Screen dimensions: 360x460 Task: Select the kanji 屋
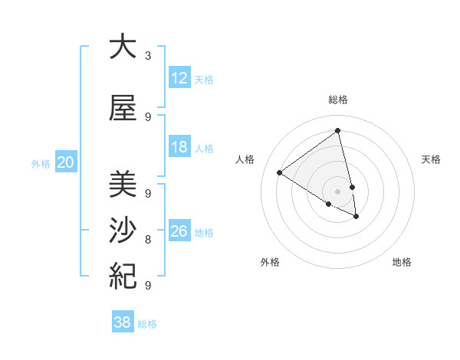pyautogui.click(x=123, y=109)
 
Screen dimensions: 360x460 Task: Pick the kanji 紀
pyautogui.click(x=123, y=274)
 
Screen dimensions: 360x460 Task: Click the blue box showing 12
pyautogui.click(x=179, y=78)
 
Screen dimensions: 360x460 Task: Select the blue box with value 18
pyautogui.click(x=179, y=148)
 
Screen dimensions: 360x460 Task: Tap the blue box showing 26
pyautogui.click(x=179, y=231)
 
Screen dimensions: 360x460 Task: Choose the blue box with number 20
pyautogui.click(x=66, y=162)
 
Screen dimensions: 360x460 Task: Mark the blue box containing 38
pyautogui.click(x=123, y=322)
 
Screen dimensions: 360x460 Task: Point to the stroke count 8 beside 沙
pyautogui.click(x=148, y=240)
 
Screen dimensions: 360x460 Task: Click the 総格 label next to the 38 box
pyautogui.click(x=147, y=324)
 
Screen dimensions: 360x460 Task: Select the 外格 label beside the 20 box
pyautogui.click(x=41, y=163)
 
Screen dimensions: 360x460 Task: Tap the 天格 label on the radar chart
pyautogui.click(x=431, y=159)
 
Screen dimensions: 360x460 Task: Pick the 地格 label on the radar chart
pyautogui.click(x=402, y=262)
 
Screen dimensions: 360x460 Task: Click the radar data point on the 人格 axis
pyautogui.click(x=279, y=172)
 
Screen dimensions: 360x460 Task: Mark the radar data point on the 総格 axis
pyautogui.click(x=337, y=131)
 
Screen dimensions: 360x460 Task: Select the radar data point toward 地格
pyautogui.click(x=356, y=217)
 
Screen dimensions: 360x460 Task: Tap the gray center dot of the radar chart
pyautogui.click(x=337, y=191)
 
